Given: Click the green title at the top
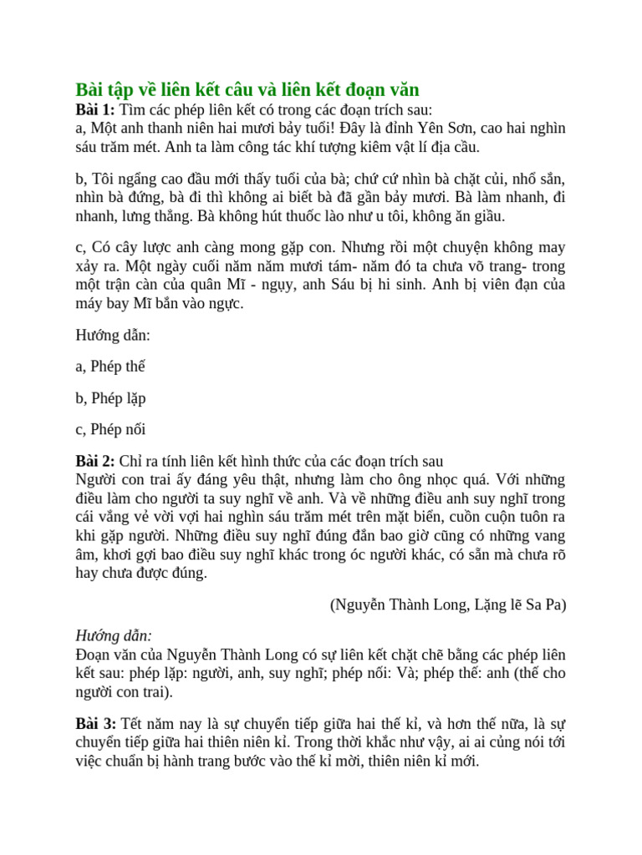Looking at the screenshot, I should pos(247,90).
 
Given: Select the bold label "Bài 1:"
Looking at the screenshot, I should pos(95,110).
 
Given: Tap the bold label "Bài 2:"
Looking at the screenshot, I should pos(95,461).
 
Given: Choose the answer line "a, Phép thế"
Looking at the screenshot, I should pos(110,367).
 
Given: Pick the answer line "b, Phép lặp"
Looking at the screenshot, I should pos(110,398).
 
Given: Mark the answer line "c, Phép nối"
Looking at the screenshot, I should pos(110,430).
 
